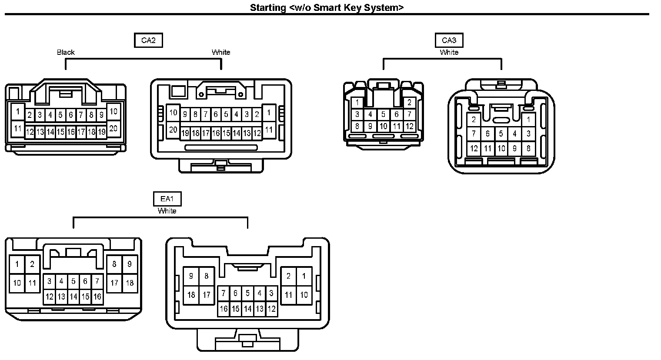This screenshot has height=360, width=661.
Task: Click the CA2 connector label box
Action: click(x=148, y=40)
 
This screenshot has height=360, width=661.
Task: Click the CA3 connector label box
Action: click(x=449, y=40)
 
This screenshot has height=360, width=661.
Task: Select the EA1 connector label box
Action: click(x=167, y=199)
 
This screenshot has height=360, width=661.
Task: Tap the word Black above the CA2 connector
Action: click(x=66, y=52)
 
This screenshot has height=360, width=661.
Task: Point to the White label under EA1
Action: click(x=167, y=211)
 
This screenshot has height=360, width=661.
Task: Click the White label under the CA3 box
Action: click(x=449, y=52)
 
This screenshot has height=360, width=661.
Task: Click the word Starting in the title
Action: click(x=267, y=8)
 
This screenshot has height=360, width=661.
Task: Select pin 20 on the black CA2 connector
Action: click(x=113, y=129)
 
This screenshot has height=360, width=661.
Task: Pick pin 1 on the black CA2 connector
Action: click(x=18, y=112)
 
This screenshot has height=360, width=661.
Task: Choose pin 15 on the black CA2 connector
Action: click(x=60, y=132)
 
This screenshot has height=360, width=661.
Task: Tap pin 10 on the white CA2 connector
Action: click(x=173, y=113)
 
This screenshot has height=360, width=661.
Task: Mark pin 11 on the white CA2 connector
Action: click(x=269, y=130)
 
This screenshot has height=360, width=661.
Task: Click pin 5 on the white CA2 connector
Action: click(x=226, y=115)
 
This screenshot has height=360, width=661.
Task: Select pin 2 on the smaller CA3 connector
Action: click(x=409, y=103)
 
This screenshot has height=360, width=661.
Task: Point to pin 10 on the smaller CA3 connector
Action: click(x=383, y=127)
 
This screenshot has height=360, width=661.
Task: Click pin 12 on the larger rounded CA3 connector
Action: click(x=474, y=148)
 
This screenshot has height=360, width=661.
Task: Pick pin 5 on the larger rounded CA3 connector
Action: click(x=501, y=134)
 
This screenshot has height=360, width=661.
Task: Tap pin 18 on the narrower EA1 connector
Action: click(x=130, y=283)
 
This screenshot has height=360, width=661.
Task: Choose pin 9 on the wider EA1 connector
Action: click(x=191, y=276)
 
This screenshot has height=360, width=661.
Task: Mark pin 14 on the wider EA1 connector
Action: click(x=247, y=309)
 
